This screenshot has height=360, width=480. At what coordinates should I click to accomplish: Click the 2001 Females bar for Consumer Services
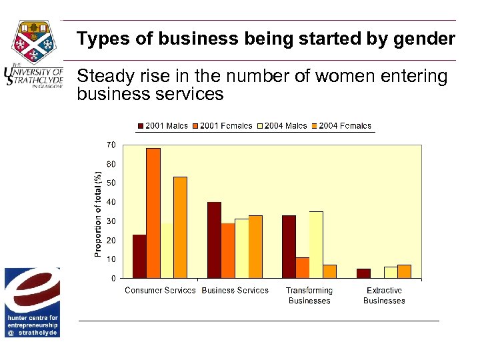tap(153, 213)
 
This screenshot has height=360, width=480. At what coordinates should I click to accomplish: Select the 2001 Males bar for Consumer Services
tap(139, 256)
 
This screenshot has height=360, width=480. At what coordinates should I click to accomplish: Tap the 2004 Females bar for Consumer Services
tap(180, 227)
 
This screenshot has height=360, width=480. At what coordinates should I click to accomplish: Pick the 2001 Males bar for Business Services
tap(214, 240)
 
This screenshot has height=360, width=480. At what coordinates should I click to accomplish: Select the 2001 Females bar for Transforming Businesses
tap(303, 267)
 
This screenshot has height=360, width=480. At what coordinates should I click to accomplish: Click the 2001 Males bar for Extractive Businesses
tap(363, 273)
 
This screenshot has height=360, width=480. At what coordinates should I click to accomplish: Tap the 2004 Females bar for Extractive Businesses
tap(404, 271)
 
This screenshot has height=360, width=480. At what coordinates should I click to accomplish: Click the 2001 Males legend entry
tap(163, 126)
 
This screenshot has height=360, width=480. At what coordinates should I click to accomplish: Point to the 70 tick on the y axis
tap(111, 145)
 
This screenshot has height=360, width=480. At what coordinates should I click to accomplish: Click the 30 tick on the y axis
tap(111, 221)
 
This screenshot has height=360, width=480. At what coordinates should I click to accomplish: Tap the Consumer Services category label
tap(160, 291)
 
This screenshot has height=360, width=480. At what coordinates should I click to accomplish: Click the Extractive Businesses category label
tap(384, 295)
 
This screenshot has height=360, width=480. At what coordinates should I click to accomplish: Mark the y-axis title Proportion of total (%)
tap(98, 213)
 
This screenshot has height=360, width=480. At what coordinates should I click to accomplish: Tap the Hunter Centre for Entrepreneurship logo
tap(32, 302)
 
